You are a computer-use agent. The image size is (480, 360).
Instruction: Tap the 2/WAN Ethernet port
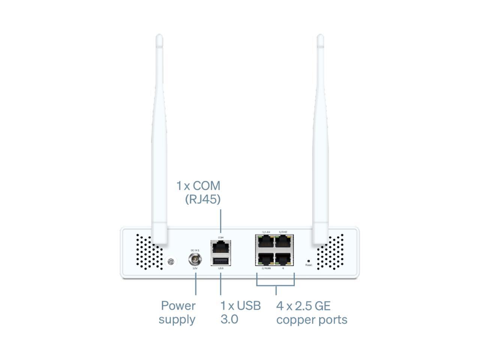(x=265, y=259)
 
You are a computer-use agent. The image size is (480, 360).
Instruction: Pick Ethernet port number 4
(x=284, y=259)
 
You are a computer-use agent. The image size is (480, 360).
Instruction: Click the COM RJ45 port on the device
(x=220, y=247)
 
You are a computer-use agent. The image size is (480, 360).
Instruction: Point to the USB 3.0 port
(x=220, y=261)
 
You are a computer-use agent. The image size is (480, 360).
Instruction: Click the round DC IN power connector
(x=195, y=259)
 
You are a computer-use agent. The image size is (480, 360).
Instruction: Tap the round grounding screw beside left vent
(x=171, y=261)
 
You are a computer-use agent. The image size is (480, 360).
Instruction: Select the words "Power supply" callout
(x=177, y=312)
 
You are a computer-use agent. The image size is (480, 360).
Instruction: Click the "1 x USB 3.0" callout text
(x=240, y=312)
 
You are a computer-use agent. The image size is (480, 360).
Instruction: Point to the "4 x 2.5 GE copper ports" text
(x=311, y=312)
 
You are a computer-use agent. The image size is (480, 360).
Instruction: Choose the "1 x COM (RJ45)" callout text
(x=199, y=192)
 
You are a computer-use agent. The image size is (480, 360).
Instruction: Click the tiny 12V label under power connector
(x=195, y=268)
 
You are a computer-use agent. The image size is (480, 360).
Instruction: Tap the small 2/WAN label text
(x=266, y=268)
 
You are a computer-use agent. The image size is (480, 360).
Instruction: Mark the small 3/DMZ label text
(x=283, y=232)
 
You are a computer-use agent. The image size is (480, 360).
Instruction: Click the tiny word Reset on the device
(x=309, y=265)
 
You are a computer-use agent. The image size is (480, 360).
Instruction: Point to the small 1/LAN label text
(x=266, y=232)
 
